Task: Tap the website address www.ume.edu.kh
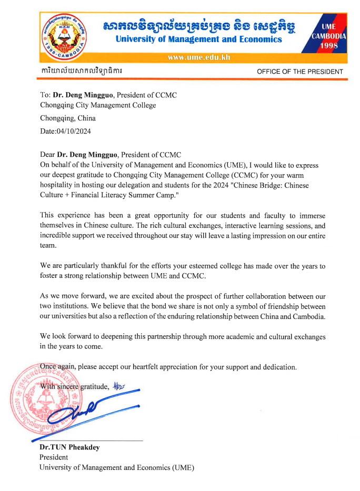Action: tap(198, 57)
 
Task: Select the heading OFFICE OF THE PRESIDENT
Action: tap(299, 72)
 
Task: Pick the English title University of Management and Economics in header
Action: tap(198, 39)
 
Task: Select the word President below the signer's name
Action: tap(54, 457)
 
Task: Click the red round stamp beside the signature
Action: tap(39, 403)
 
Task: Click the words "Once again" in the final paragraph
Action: tap(58, 366)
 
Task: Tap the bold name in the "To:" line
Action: tap(83, 95)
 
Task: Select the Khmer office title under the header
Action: tap(82, 71)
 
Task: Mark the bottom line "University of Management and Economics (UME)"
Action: tap(117, 467)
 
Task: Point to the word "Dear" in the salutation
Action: tap(47, 155)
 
